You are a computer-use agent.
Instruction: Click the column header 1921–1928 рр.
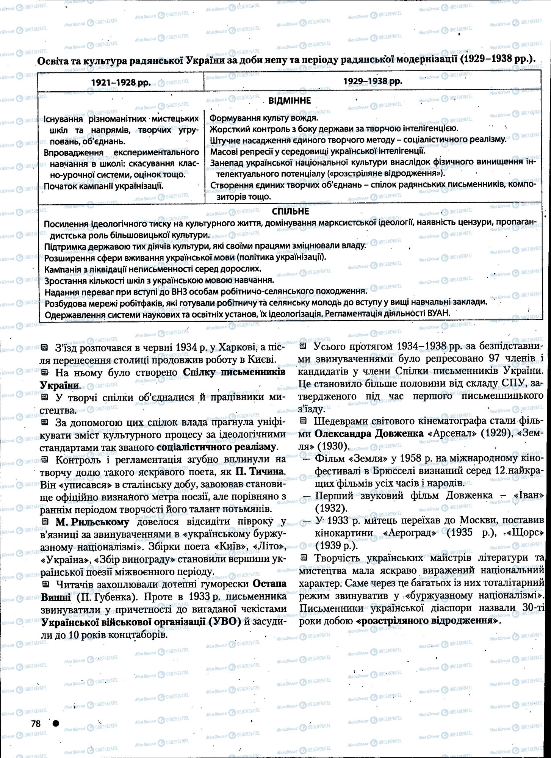tap(121, 82)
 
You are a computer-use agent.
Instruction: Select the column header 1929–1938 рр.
tap(373, 81)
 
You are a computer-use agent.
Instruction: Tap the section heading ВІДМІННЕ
tap(290, 100)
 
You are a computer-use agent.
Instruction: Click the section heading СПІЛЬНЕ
tap(290, 211)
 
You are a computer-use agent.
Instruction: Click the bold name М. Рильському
tap(92, 522)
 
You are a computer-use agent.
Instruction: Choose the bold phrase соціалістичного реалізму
tap(216, 446)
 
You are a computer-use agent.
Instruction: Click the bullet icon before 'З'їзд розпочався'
tap(44, 347)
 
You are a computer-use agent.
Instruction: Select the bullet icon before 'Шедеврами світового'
tap(303, 421)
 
